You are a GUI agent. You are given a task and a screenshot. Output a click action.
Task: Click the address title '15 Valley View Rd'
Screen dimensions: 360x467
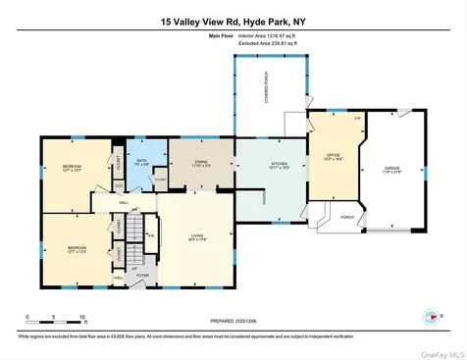(196, 19)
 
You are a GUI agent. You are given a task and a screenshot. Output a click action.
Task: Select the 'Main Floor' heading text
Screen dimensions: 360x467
(224, 35)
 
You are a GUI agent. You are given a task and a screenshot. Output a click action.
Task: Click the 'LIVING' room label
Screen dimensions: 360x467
(195, 234)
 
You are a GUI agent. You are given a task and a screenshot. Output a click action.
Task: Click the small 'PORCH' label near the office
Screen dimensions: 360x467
(347, 217)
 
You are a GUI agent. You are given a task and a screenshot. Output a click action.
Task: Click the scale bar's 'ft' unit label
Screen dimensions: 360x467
(84, 322)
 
